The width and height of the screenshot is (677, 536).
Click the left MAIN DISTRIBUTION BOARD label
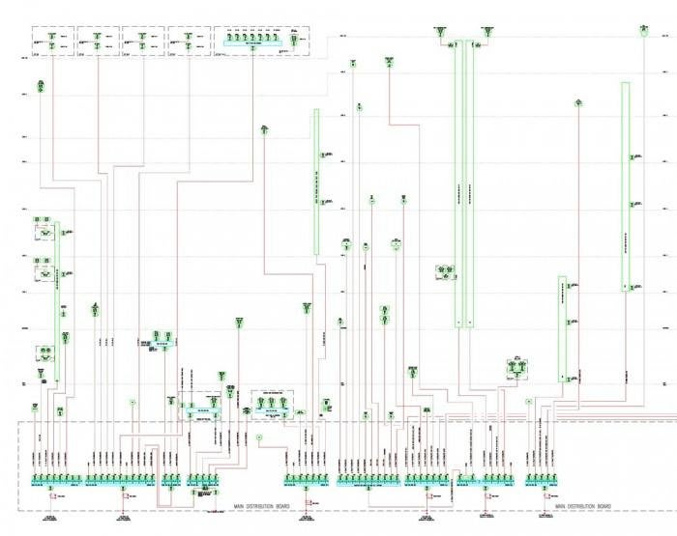261,505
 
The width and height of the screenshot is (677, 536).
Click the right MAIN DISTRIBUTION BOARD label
582,505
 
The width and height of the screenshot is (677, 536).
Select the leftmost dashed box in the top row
53,42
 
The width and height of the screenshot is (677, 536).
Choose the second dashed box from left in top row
98,42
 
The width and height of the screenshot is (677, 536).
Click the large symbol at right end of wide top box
292,35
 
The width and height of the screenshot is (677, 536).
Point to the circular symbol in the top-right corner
642,31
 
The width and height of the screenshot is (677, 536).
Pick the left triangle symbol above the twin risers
440,33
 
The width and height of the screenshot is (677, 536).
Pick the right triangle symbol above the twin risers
488,33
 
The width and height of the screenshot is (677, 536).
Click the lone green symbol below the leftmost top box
41,87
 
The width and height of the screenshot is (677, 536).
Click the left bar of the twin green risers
459,183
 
